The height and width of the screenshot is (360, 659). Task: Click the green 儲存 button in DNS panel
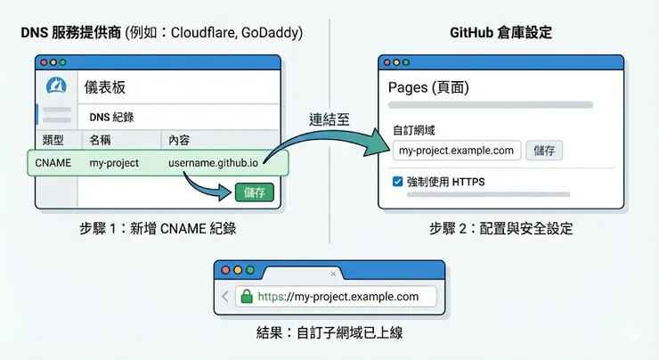tap(255, 192)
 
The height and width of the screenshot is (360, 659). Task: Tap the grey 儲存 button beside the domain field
tap(543, 150)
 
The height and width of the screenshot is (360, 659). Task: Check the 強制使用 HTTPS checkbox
tap(397, 182)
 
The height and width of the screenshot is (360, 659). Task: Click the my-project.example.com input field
tap(456, 150)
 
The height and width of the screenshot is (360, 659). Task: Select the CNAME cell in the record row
tap(53, 163)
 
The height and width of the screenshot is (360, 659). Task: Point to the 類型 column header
tap(53, 140)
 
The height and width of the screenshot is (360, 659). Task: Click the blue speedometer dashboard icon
tap(57, 88)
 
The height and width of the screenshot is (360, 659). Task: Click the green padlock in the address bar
tap(247, 297)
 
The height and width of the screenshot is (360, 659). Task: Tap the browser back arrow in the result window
tap(225, 297)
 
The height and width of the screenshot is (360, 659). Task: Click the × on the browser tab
tap(334, 274)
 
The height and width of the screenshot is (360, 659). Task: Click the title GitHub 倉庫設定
tap(500, 33)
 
